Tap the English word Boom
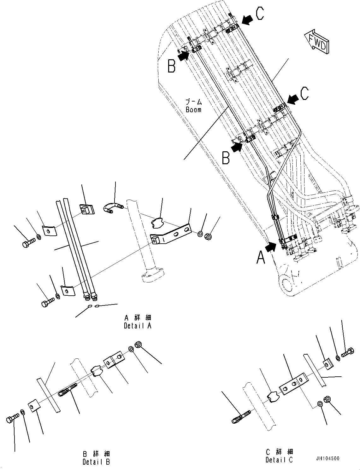click(193, 110)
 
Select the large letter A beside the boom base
click(261, 257)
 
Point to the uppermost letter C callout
click(260, 14)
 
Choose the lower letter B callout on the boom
click(226, 158)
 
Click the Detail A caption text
click(138, 326)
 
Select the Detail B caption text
click(96, 462)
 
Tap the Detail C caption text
click(279, 460)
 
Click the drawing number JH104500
click(327, 459)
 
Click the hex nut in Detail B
click(138, 344)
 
